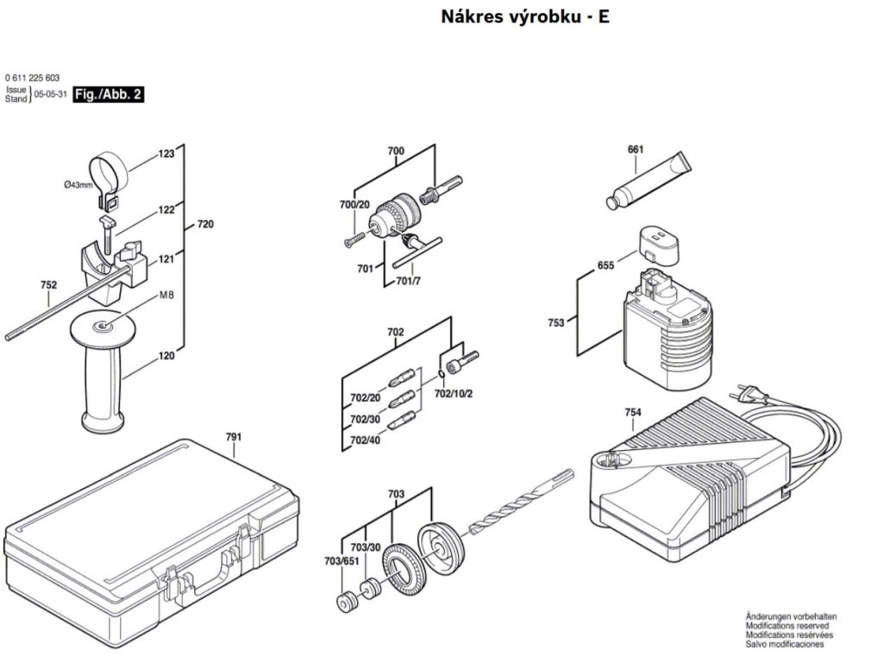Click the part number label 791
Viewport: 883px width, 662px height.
[x=234, y=437]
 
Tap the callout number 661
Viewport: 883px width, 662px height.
[x=636, y=149]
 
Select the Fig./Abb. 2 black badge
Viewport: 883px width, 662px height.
[x=109, y=94]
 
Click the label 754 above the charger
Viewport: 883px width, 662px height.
[x=633, y=413]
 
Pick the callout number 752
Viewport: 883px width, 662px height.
[x=48, y=285]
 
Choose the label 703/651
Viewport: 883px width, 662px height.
[x=341, y=561]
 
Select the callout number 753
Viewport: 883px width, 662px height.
[x=555, y=322]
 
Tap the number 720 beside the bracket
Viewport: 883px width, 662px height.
[x=205, y=225]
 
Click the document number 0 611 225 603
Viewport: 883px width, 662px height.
[x=32, y=78]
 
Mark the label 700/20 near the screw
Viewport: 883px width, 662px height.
[x=354, y=204]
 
